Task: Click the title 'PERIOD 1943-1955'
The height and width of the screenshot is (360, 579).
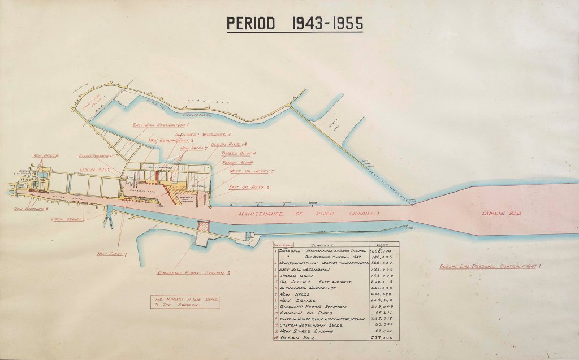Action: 295,24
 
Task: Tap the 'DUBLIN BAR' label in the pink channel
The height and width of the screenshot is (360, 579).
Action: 500,214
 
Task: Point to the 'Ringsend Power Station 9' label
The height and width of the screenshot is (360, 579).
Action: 193,274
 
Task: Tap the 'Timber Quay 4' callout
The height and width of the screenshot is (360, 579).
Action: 239,153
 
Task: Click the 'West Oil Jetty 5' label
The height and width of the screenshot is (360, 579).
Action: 252,171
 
